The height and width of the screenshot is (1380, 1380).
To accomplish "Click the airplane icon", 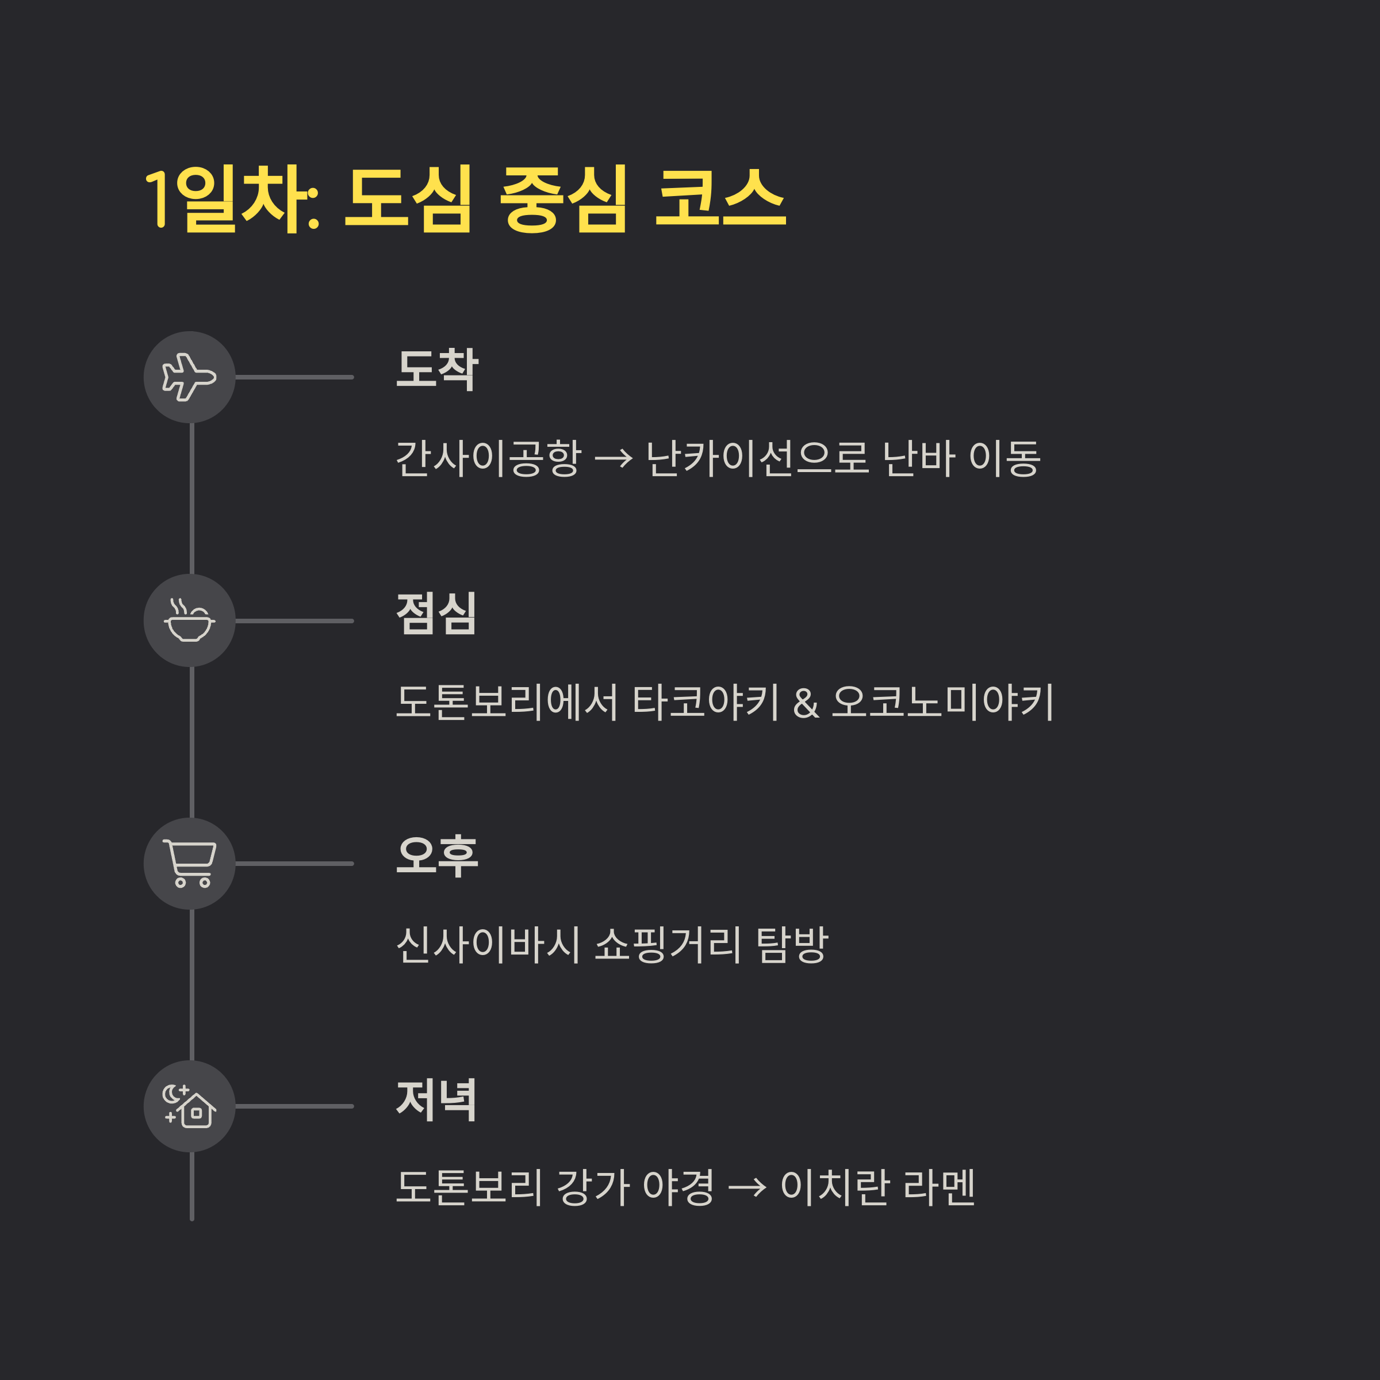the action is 189,377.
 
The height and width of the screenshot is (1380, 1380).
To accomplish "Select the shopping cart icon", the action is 189,864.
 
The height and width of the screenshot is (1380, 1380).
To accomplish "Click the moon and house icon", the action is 189,1106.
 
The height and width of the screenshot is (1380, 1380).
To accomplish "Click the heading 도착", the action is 437,370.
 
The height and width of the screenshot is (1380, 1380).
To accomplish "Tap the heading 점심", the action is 436,614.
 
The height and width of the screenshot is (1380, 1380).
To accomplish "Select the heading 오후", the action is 437,856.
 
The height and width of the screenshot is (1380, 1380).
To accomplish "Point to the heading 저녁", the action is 436,1099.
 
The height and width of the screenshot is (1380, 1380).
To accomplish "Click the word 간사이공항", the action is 489,458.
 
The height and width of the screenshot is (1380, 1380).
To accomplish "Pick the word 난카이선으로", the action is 757,458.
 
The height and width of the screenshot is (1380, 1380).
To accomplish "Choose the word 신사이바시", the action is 489,944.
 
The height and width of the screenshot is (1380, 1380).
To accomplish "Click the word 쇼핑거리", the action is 668,944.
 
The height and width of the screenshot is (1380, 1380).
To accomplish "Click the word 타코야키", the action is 706,701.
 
